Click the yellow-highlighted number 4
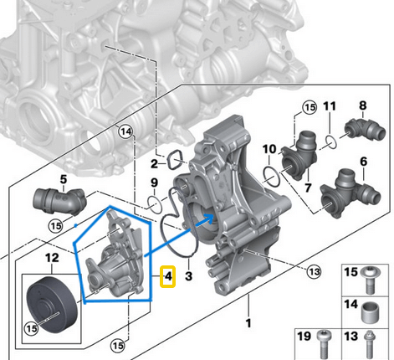(168, 275)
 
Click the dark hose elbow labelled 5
(58, 202)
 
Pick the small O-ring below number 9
(154, 203)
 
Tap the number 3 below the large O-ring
(189, 275)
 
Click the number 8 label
(363, 105)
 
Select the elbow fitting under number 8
(365, 128)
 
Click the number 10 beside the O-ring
(269, 150)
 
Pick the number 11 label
(330, 106)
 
